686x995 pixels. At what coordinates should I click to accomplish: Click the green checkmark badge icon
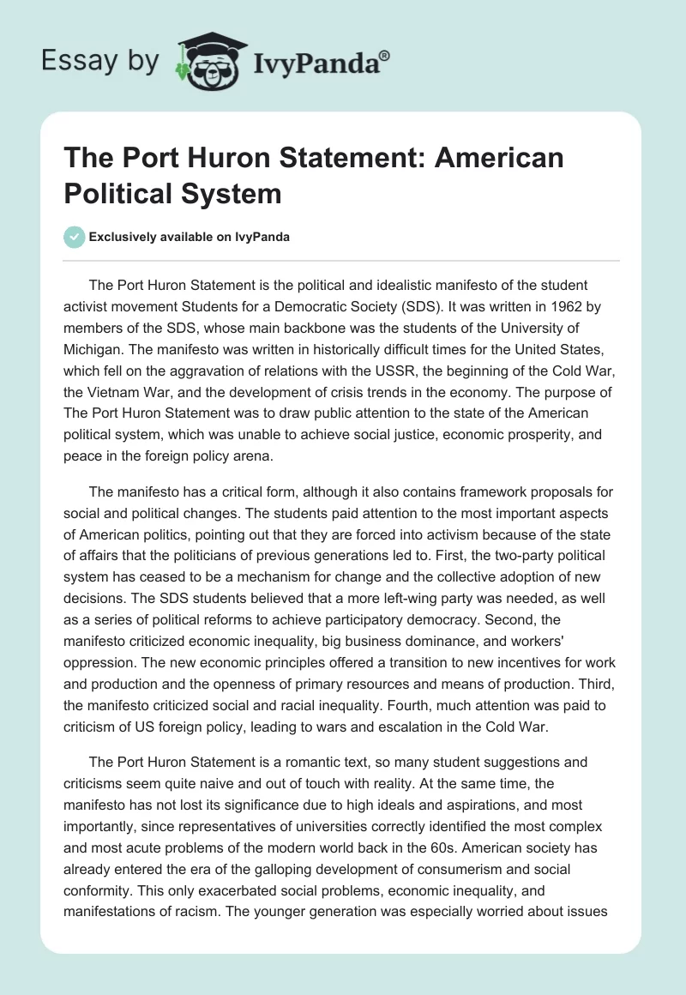click(75, 237)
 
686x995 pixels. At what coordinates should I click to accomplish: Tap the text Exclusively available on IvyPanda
click(189, 237)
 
